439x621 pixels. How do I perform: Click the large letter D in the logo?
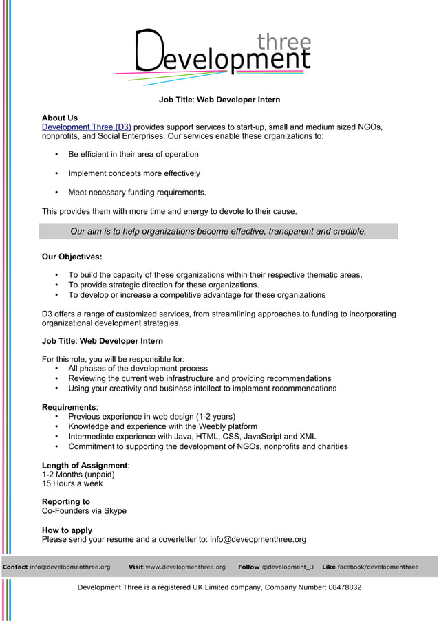pos(146,51)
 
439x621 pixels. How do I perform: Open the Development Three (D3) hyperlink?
pos(86,127)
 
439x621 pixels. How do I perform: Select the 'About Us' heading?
pos(60,118)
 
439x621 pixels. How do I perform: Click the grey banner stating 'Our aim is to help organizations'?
pos(218,232)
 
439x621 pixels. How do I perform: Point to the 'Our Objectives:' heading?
pos(72,257)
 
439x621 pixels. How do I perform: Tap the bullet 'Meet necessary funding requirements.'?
pos(137,193)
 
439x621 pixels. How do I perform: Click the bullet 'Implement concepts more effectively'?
pos(134,173)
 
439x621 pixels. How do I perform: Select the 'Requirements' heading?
pos(69,407)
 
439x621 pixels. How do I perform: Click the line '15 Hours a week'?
pos(72,483)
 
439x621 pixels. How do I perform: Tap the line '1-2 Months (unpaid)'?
pos(78,474)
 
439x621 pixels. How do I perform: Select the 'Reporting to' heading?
pos(65,502)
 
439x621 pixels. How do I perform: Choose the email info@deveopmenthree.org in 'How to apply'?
pos(258,540)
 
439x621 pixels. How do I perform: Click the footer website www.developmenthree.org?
pos(185,567)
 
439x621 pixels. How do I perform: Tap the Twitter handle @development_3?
pos(288,567)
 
